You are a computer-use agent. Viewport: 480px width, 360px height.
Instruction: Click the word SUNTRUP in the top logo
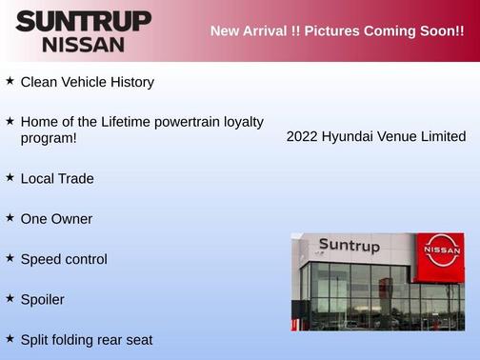click(x=84, y=21)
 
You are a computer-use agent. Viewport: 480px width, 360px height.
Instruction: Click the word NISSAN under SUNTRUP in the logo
click(x=83, y=44)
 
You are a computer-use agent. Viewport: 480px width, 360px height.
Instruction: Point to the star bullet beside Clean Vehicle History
click(x=10, y=81)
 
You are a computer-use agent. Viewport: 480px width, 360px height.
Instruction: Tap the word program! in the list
click(x=49, y=138)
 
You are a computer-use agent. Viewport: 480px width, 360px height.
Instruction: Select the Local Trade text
click(x=57, y=178)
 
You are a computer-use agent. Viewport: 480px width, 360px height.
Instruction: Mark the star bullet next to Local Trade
click(x=10, y=177)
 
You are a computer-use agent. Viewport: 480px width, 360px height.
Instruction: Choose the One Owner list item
click(x=56, y=219)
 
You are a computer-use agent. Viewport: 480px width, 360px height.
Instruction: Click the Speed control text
click(x=64, y=259)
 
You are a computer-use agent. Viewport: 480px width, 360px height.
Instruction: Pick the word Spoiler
click(x=43, y=299)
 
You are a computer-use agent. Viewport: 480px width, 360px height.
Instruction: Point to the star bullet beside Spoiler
click(x=10, y=298)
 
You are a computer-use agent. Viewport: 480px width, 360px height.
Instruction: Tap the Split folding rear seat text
click(x=87, y=339)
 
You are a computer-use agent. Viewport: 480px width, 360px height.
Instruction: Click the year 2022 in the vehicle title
click(x=302, y=137)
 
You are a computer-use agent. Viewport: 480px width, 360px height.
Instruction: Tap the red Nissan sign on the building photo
click(x=443, y=250)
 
